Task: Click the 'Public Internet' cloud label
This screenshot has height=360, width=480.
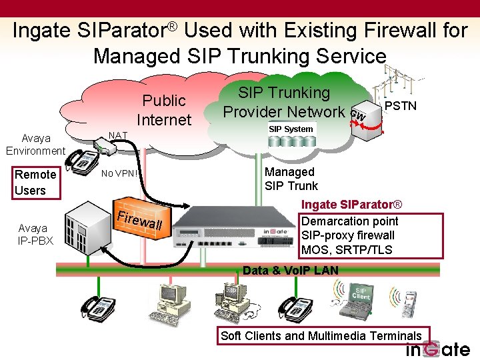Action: coord(163,110)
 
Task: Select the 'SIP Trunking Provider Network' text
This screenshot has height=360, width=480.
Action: coord(284,102)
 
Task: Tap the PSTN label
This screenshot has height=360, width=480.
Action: coord(401,106)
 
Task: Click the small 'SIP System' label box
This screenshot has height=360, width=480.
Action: coord(291,129)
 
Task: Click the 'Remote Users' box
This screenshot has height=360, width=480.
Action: coord(35,183)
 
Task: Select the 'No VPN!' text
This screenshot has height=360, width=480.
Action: coord(120,175)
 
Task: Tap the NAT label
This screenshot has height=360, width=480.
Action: coord(118,135)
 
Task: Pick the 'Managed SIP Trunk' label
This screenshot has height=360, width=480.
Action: coord(291,179)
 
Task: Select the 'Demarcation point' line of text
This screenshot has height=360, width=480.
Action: coord(350,221)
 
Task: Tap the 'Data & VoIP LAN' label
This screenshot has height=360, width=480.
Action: coord(291,270)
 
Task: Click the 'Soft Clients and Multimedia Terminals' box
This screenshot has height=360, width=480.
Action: coord(321,335)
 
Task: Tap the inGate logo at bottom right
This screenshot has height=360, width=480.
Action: coord(438,349)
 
